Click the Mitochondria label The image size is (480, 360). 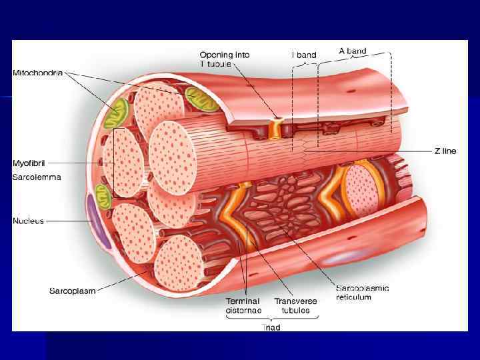(x=38, y=73)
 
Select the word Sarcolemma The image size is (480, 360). (x=37, y=177)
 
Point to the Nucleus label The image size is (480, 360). (x=28, y=221)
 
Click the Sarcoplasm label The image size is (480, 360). (x=72, y=291)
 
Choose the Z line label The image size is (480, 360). (x=445, y=151)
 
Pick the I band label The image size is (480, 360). (x=304, y=55)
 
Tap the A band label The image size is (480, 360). (x=353, y=51)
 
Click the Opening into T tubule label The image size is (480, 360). (x=224, y=59)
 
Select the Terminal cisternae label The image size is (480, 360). (x=243, y=305)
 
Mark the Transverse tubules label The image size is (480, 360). (x=296, y=305)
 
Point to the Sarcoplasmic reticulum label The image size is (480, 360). (x=363, y=293)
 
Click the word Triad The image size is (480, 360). (x=271, y=327)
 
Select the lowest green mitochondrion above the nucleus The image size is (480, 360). (x=103, y=193)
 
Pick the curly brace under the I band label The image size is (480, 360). (x=305, y=64)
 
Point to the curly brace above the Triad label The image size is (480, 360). (x=271, y=319)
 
